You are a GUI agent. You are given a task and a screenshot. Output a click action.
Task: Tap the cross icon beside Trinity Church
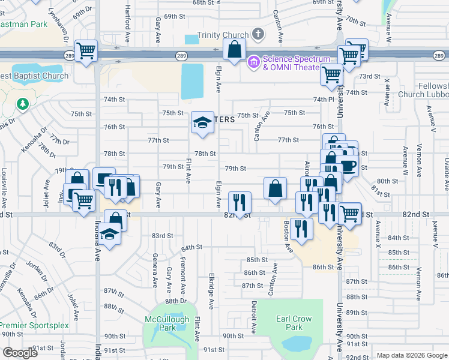259,34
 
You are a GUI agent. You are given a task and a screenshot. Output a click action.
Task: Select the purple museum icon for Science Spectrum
253,62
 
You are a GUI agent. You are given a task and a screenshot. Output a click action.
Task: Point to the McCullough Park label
167,323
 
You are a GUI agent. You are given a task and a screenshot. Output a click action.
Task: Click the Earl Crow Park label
294,323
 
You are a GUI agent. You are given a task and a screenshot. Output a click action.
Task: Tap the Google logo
20,353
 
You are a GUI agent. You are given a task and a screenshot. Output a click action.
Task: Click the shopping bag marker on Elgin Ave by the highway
234,50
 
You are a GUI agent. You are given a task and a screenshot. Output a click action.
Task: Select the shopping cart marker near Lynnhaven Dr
86,50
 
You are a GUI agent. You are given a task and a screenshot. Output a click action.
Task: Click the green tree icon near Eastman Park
23,104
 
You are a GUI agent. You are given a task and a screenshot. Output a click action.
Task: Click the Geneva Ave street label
155,274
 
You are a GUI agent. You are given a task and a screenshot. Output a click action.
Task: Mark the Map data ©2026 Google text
412,355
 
